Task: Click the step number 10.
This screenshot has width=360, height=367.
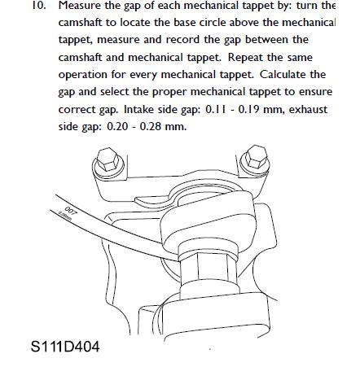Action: pyautogui.click(x=16, y=7)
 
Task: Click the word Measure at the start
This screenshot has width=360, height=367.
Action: pyautogui.click(x=60, y=7)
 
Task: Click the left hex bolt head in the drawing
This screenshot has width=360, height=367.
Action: pyautogui.click(x=106, y=159)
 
